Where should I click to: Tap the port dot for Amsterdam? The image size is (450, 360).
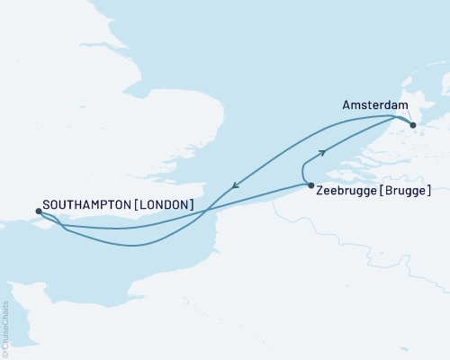click(x=413, y=125)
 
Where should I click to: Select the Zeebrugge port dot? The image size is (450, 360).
click(x=310, y=186)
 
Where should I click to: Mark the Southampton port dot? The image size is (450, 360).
click(x=38, y=212)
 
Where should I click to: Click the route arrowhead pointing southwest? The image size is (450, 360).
click(x=233, y=187)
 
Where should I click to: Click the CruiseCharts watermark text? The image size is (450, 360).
click(x=5, y=326)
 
